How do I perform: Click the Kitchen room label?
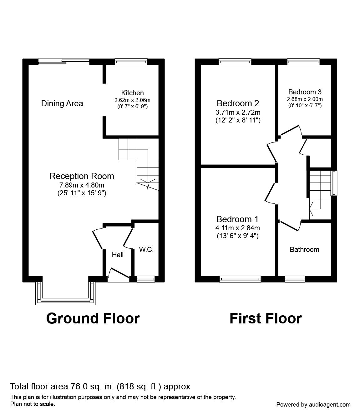pyautogui.click(x=132, y=93)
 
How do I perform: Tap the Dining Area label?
pyautogui.click(x=62, y=103)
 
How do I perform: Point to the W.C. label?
pyautogui.click(x=146, y=249)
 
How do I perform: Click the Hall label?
pyautogui.click(x=118, y=255)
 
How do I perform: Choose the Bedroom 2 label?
pyautogui.click(x=238, y=103)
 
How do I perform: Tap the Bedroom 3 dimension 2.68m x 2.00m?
pyautogui.click(x=305, y=99)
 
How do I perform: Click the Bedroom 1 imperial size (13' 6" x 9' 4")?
pyautogui.click(x=237, y=236)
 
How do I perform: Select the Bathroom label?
pyautogui.click(x=304, y=249)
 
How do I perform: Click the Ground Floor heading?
pyautogui.click(x=93, y=318)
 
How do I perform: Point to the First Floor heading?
pyautogui.click(x=266, y=318)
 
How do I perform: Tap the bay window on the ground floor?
pyautogui.click(x=66, y=300)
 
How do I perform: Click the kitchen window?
pyautogui.click(x=131, y=62)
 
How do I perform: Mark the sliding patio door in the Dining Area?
pyautogui.click(x=64, y=62)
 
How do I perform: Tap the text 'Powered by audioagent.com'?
pyautogui.click(x=313, y=404)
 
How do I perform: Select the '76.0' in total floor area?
pyautogui.click(x=77, y=387)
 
